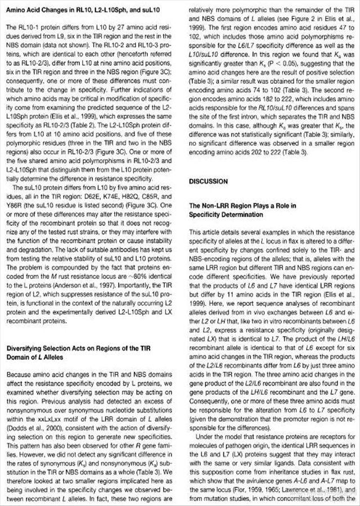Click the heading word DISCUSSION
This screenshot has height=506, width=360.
coord(208,182)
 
